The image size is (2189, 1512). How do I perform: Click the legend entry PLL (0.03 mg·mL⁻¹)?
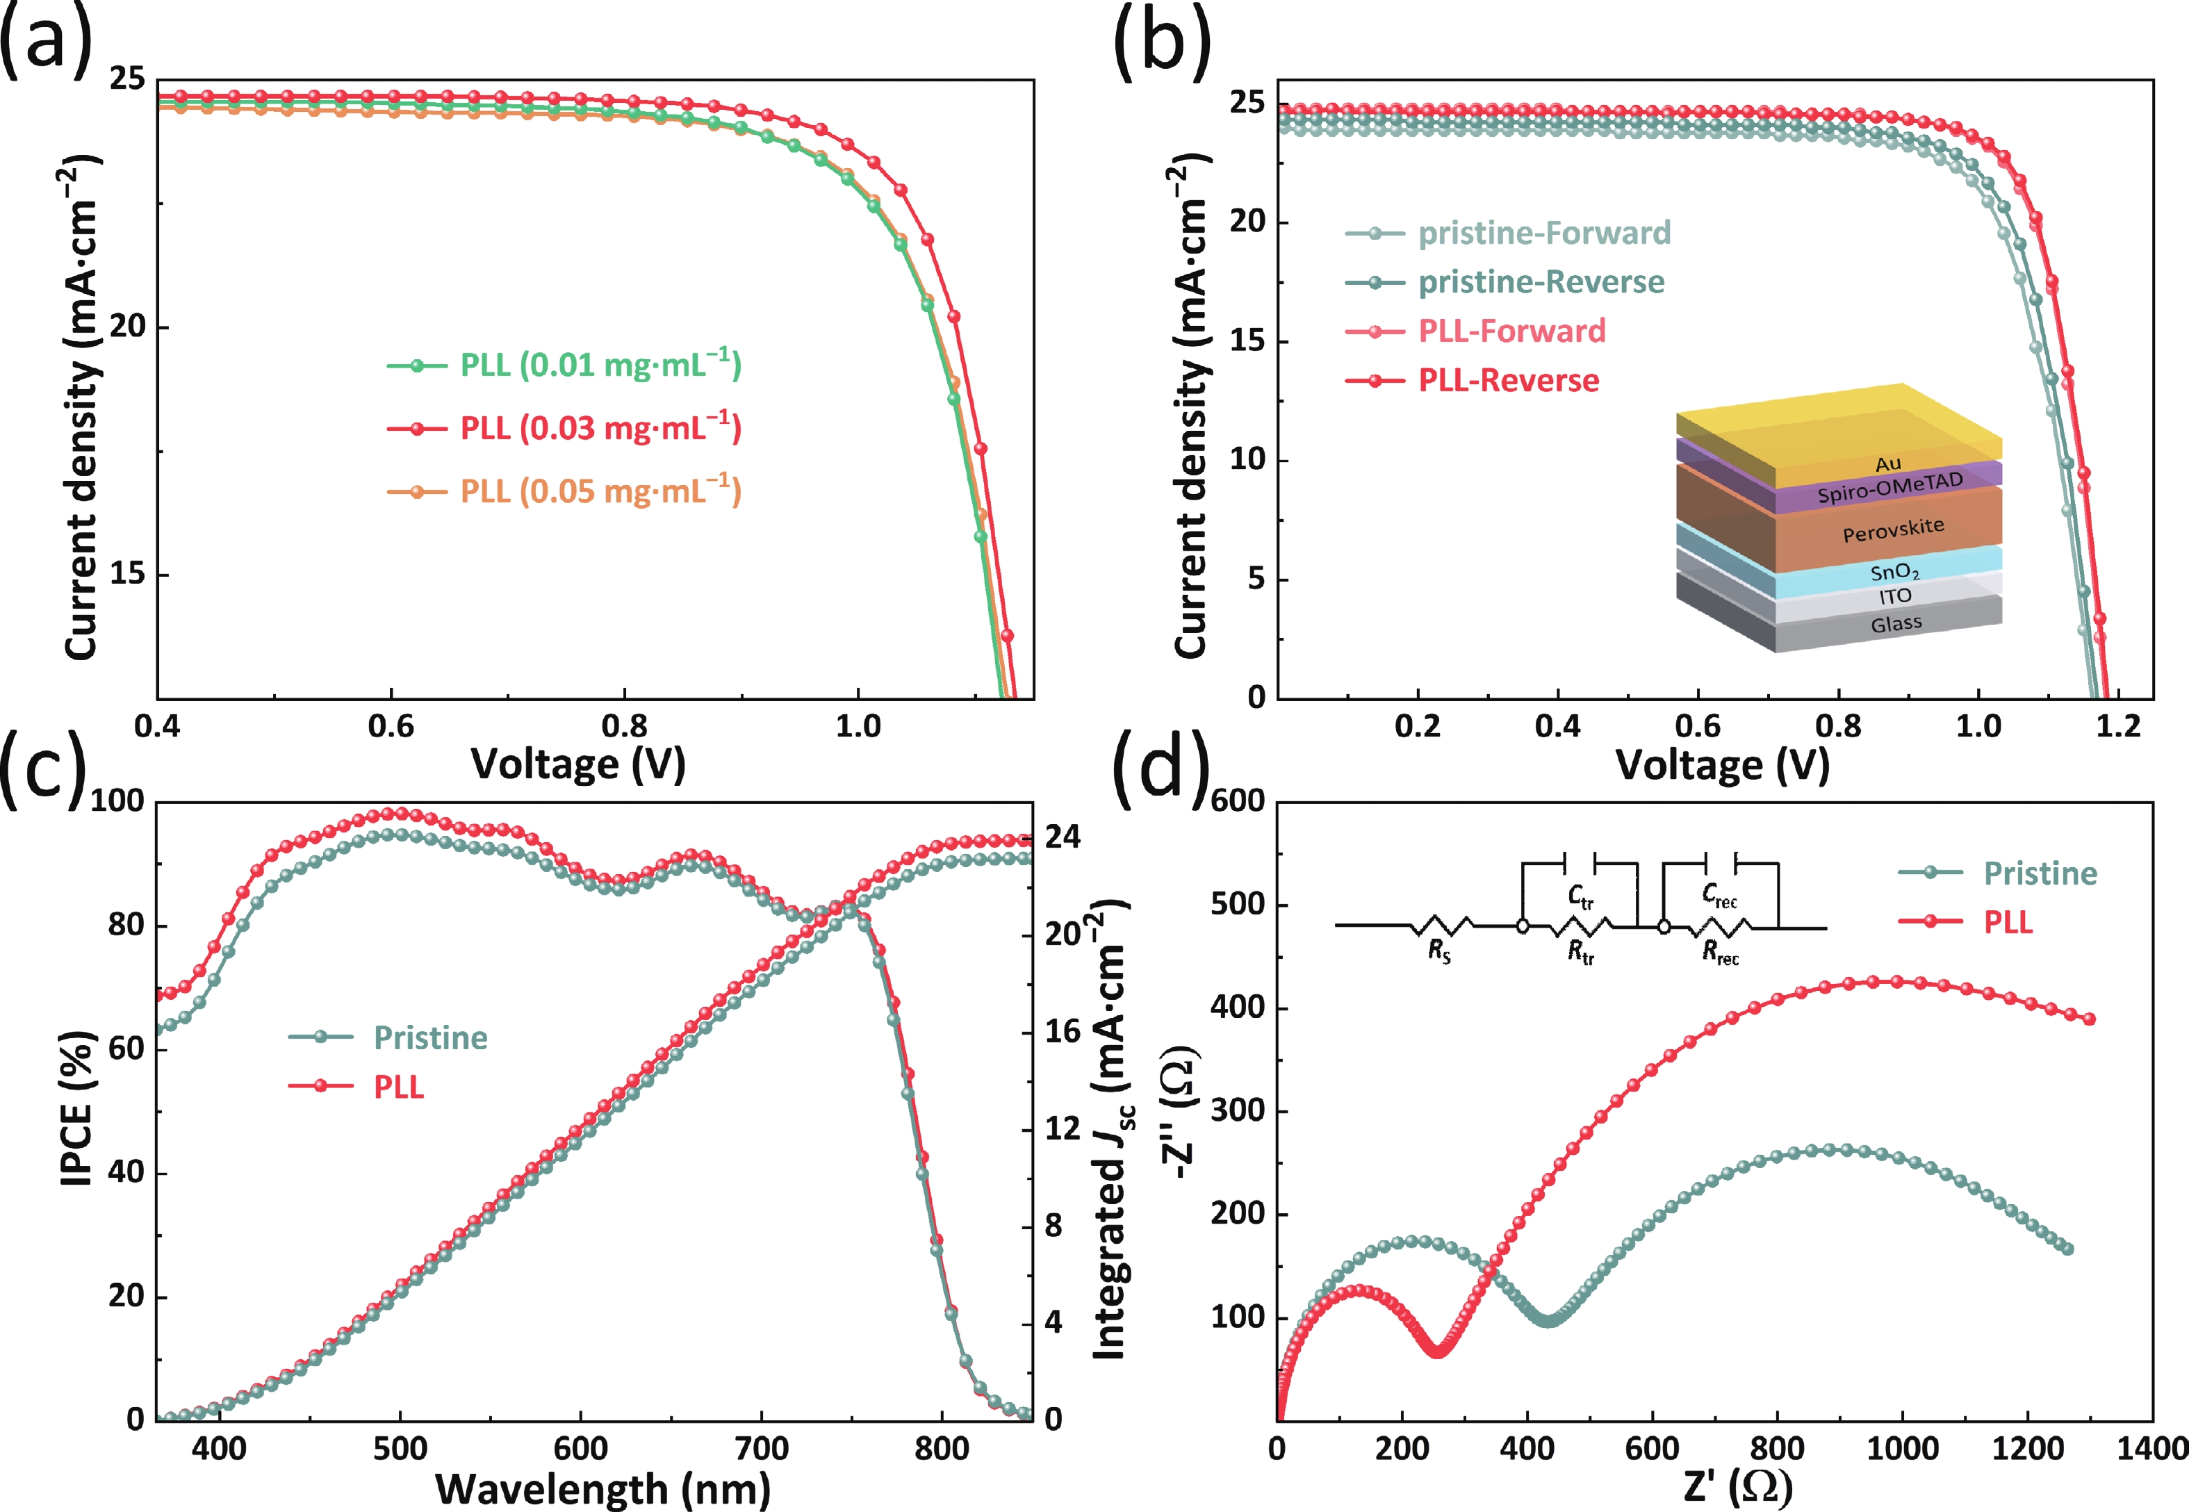[600, 428]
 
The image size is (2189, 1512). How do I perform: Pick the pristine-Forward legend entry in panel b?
[1544, 233]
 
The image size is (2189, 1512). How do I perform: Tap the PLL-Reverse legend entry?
[1508, 381]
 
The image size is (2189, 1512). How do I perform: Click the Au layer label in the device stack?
[1888, 464]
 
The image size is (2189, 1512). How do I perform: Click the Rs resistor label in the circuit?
[1438, 952]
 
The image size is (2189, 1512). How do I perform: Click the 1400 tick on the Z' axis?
[2150, 1449]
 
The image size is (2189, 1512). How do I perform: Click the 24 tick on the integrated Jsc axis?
[1063, 837]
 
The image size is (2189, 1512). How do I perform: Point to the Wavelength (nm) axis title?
[602, 1489]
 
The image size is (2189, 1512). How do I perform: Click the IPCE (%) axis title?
[78, 1108]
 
